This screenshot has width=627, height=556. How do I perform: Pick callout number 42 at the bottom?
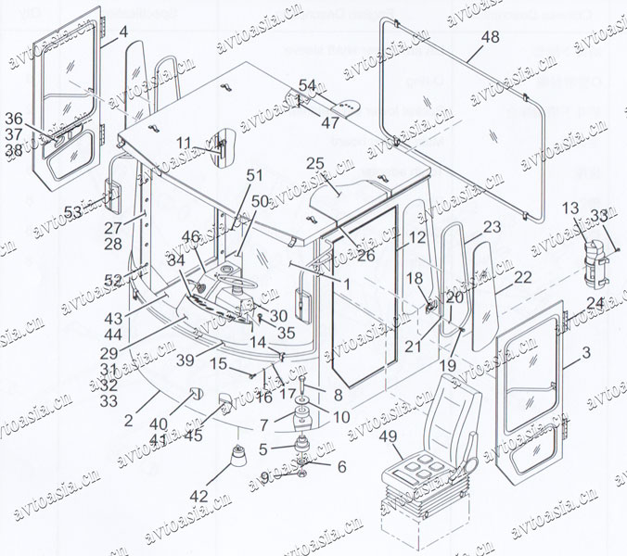point(199,496)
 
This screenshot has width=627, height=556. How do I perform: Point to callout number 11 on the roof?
point(185,143)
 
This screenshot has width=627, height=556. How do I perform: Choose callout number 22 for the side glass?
point(522,277)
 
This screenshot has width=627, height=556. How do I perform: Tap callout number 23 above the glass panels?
point(492,226)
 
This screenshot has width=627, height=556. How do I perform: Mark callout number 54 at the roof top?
point(307,84)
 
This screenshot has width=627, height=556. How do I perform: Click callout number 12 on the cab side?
point(391,237)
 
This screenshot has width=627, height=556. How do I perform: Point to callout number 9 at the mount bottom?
point(264,478)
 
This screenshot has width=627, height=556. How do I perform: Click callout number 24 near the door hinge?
point(595,302)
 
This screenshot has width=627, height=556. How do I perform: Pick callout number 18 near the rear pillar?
point(414,277)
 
